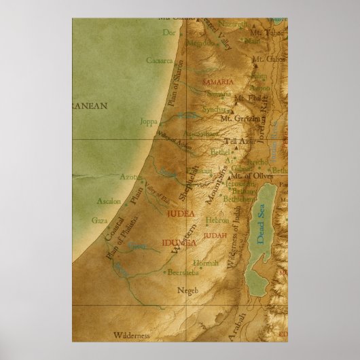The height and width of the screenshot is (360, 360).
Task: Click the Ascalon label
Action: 90,202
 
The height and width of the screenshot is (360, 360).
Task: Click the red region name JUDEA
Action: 180,213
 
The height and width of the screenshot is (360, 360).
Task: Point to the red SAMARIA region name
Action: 217,82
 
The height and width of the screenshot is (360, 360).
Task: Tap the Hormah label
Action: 208,262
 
